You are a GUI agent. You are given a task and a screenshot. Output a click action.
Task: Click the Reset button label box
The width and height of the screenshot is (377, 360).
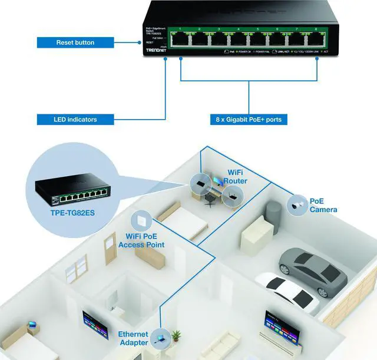point(75,42)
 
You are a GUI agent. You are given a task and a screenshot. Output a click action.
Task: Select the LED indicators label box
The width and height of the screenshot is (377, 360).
point(75,120)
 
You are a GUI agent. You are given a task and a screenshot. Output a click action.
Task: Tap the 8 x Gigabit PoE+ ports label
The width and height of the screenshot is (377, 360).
point(249,120)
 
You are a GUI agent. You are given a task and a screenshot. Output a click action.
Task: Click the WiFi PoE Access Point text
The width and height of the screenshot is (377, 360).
point(141,240)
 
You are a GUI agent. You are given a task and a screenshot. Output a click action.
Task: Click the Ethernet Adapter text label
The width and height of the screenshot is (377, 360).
point(133,338)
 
